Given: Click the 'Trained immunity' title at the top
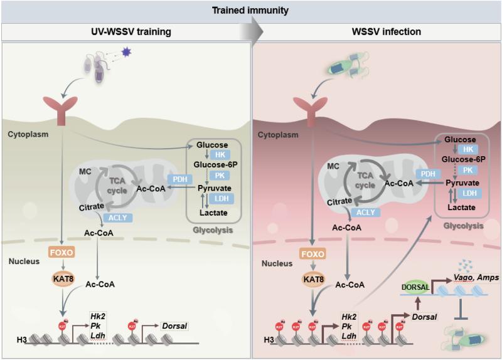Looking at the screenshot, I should tap(251, 9).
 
